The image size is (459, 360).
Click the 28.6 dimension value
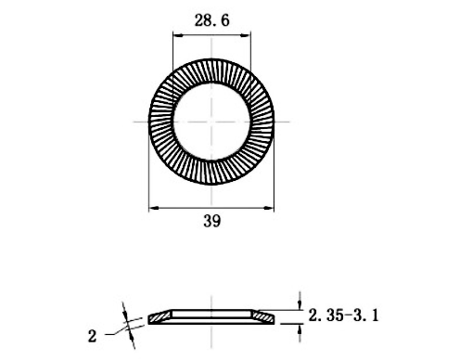pyautogui.click(x=211, y=20)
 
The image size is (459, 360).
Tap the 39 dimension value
pyautogui.click(x=212, y=221)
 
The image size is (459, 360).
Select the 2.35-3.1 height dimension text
pyautogui.click(x=343, y=315)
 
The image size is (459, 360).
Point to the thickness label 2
pyautogui.click(x=92, y=336)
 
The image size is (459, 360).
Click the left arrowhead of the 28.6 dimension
pyautogui.click(x=177, y=35)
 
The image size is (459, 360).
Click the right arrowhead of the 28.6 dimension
pyautogui.click(x=246, y=35)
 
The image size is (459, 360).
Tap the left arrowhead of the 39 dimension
pyautogui.click(x=154, y=208)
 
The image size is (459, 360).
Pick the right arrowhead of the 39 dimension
pyautogui.click(x=269, y=208)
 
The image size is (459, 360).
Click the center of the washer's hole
pyautogui.click(x=211, y=122)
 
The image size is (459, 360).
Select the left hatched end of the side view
pyautogui.click(x=159, y=316)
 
